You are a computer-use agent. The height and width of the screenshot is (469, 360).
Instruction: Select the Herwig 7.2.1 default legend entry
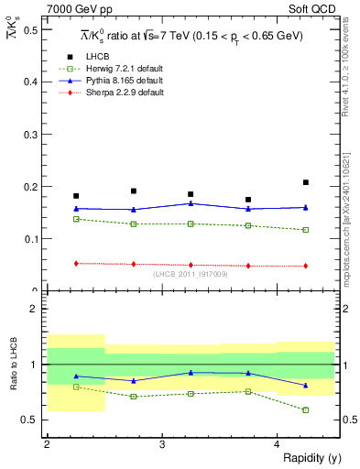tap(128, 69)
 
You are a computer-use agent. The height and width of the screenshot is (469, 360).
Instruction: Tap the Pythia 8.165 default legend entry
tap(127, 81)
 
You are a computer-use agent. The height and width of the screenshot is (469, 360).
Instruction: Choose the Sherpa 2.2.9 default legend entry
tap(127, 93)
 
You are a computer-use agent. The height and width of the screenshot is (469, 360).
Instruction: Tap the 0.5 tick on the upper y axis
tap(32, 30)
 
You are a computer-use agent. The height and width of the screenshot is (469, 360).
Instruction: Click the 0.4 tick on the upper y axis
tap(32, 82)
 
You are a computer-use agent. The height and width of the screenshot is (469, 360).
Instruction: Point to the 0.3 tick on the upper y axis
tap(32, 135)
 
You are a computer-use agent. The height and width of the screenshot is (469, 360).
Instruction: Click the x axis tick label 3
tap(162, 444)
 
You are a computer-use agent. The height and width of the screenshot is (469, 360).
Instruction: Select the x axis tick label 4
tap(278, 444)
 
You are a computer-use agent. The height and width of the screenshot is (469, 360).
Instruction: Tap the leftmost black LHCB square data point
tap(76, 196)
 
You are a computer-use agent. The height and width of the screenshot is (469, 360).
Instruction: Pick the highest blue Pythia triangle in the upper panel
tap(191, 203)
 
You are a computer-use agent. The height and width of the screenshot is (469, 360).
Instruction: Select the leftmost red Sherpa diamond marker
tap(76, 263)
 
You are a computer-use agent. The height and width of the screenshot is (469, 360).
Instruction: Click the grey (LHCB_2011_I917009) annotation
tap(190, 275)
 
